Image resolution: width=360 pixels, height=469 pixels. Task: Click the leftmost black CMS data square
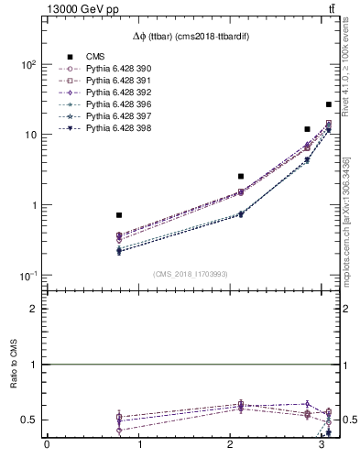point(119,215)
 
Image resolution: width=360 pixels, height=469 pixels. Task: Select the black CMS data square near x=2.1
point(241,176)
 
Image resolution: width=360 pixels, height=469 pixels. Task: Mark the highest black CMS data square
point(329,104)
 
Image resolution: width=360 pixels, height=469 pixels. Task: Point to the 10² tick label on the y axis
point(27,65)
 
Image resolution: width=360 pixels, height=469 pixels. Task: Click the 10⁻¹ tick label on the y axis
point(27,276)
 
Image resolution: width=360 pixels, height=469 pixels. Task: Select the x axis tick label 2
point(230,447)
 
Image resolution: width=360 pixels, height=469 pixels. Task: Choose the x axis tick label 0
point(47,447)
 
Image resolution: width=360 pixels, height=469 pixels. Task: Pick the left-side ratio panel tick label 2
point(33,309)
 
